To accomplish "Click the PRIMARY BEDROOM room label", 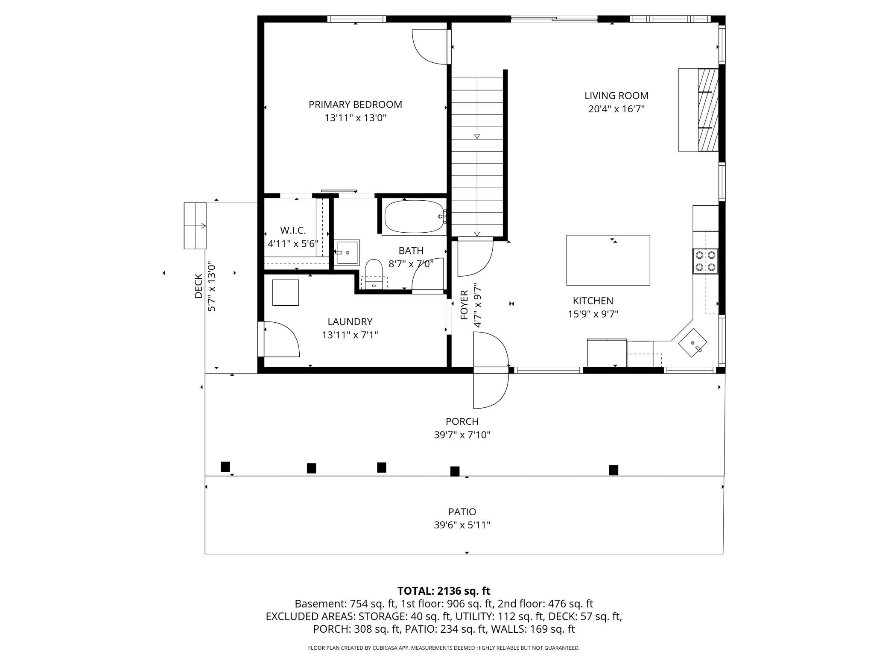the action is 355,105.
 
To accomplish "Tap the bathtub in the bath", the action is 414,217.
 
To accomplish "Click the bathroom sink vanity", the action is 346,252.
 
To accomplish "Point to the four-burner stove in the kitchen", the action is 705,261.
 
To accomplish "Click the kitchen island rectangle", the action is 608,260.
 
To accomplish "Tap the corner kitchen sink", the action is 693,342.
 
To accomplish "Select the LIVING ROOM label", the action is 616,96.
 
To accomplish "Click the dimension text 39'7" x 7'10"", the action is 462,435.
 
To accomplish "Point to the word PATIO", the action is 462,511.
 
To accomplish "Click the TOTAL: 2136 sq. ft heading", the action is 444,591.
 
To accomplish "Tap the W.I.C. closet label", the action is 293,231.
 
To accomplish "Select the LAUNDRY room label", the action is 350,321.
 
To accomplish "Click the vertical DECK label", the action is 199,286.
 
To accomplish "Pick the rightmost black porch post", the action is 613,470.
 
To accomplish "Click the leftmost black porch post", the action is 225,467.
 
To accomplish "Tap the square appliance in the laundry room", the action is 286,292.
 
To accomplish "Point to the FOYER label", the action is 464,305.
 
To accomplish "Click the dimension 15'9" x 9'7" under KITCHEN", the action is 593,314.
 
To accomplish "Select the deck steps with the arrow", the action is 195,225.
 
